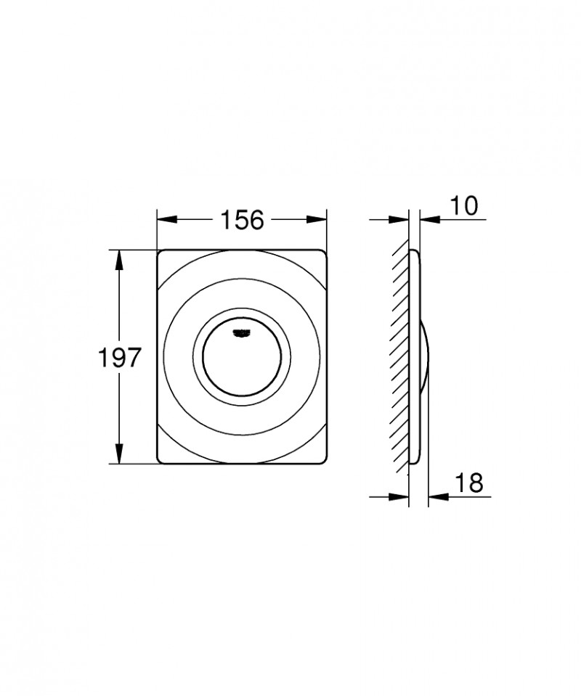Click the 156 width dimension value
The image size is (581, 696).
[x=242, y=219]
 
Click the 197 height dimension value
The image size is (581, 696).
[x=118, y=357]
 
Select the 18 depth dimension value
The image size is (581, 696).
[x=468, y=483]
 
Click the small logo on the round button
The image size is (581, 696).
[x=241, y=332]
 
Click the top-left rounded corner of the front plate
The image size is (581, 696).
[x=161, y=254]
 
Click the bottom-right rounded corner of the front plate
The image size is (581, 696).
[x=323, y=459]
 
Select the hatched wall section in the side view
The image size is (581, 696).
[x=400, y=357]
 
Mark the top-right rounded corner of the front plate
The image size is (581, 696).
[x=323, y=254]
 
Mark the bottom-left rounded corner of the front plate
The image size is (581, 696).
[x=161, y=459]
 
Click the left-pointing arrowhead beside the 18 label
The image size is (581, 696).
[x=435, y=496]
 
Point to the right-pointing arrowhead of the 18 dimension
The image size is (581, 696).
[x=402, y=496]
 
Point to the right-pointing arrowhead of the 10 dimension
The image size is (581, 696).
[x=402, y=219]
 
